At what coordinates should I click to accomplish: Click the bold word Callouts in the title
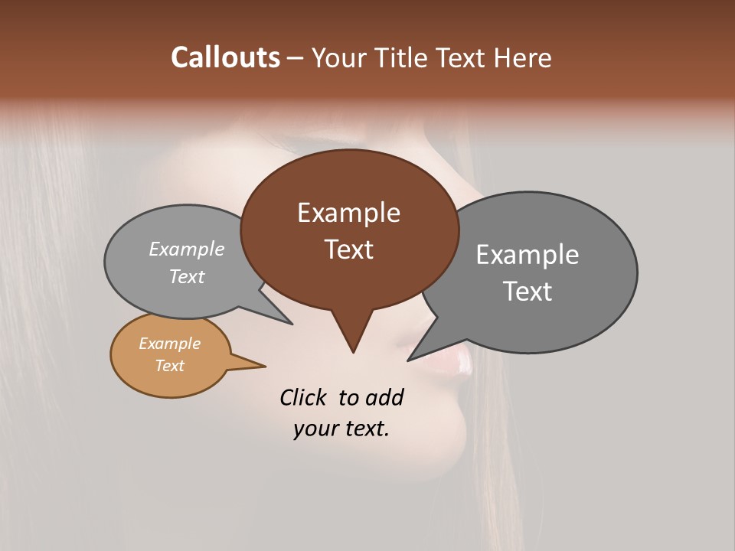(x=225, y=57)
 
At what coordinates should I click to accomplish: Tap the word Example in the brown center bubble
(x=348, y=213)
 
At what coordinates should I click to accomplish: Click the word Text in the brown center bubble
(x=348, y=249)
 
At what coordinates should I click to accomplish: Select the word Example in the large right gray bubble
(x=527, y=255)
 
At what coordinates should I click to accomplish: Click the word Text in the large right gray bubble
(x=527, y=292)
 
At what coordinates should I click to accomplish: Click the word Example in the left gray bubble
(x=187, y=249)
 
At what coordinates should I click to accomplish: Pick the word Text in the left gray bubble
(x=187, y=277)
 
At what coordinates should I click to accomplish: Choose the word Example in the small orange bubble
(x=169, y=344)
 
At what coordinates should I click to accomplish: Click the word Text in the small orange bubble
(x=169, y=366)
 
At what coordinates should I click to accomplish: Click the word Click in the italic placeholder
(x=304, y=398)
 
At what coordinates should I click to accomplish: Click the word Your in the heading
(x=339, y=57)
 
